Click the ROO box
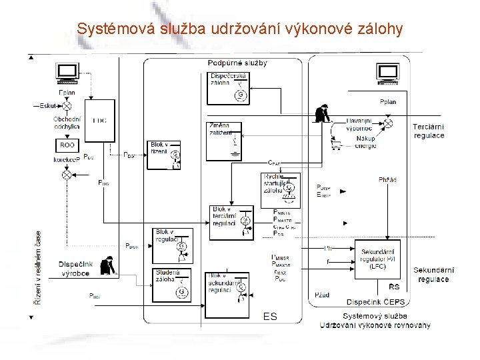coord(67,145)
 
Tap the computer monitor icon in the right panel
coord(386,74)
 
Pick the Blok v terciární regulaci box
coord(231,222)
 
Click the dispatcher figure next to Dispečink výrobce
coord(106,266)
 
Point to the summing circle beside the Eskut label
coord(67,106)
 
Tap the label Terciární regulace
coord(428,131)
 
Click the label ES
coord(269,315)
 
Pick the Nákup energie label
coord(366,141)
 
